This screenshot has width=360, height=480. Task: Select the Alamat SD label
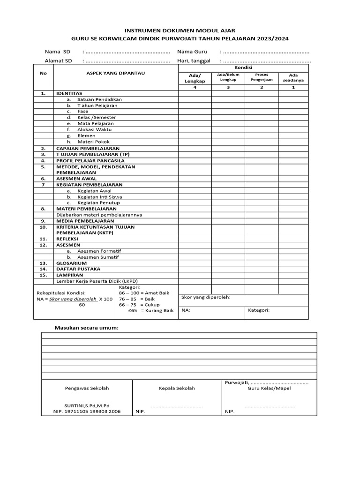tap(58, 60)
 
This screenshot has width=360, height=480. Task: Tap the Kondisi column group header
tap(243, 68)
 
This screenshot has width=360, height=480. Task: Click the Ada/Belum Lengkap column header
tap(228, 77)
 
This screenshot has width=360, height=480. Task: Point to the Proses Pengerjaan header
tap(261, 77)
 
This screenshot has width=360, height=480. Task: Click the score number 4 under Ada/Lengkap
tap(195, 87)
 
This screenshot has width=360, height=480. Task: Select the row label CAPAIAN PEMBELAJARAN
tap(88, 148)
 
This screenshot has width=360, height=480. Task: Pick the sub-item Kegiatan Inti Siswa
tap(99, 197)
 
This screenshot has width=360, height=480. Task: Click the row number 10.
tap(43, 227)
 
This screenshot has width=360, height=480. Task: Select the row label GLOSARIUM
tap(71, 263)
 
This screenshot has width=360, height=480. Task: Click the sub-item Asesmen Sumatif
tap(98, 257)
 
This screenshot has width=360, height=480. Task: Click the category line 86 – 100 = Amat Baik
tap(144, 292)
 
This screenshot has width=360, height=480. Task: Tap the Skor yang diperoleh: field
tap(206, 297)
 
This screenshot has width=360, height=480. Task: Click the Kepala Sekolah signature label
tap(177, 388)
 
